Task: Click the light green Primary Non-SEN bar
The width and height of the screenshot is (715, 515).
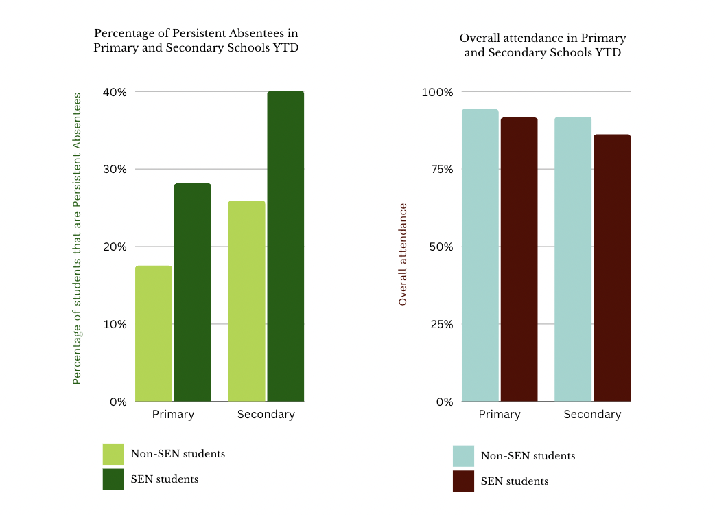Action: click(x=154, y=334)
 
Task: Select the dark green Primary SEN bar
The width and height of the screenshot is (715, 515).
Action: click(x=192, y=293)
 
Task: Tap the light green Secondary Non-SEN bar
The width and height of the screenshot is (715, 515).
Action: click(x=246, y=301)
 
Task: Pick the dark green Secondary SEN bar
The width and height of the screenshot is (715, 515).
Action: click(x=285, y=246)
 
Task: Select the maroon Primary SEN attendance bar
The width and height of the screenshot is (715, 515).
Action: click(x=519, y=260)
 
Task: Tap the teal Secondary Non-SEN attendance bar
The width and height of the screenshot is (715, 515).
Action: click(x=573, y=259)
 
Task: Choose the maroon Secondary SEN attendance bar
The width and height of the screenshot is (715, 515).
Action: click(x=612, y=268)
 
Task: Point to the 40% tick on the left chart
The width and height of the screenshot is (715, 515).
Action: click(x=115, y=92)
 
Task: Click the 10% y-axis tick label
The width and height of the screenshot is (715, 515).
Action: click(x=115, y=324)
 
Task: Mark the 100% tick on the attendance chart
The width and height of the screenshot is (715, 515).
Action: click(x=437, y=92)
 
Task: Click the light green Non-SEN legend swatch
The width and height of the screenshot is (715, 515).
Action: click(x=113, y=454)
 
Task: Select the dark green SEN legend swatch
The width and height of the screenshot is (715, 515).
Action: click(x=113, y=479)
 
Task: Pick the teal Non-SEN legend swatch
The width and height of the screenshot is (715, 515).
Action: click(x=463, y=456)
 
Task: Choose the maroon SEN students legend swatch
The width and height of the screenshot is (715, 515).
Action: click(x=463, y=481)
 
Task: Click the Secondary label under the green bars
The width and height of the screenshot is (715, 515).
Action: click(x=266, y=415)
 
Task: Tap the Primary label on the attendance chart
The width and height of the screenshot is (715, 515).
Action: click(x=500, y=415)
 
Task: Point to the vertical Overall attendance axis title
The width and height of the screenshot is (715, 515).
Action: click(x=403, y=254)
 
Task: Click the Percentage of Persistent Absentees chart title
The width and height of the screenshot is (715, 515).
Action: click(x=196, y=41)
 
